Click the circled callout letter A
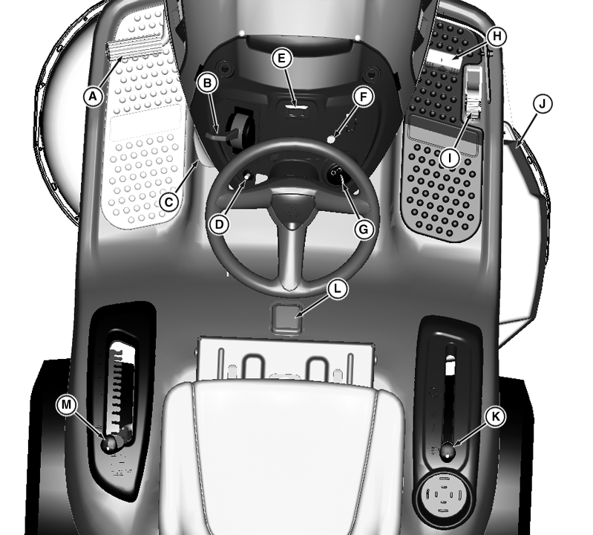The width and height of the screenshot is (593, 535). point(93,97)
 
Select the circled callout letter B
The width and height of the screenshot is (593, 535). point(207,83)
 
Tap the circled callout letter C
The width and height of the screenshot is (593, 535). point(168,202)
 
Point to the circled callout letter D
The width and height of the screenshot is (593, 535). point(220,224)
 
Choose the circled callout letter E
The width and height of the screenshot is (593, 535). point(281,58)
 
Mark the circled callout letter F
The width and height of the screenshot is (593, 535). point(363,97)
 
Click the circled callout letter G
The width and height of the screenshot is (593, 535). point(364,229)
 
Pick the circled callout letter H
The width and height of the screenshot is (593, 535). point(497,36)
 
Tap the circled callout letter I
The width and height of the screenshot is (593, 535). point(450,158)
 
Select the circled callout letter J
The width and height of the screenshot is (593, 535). point(543,104)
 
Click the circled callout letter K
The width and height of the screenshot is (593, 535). point(495,417)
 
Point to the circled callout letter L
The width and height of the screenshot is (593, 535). point(338,289)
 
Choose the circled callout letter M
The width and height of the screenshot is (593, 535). point(66,405)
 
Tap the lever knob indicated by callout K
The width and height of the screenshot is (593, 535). point(448,451)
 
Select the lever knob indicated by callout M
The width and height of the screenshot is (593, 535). point(110,443)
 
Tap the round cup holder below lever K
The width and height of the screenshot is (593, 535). point(443,494)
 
